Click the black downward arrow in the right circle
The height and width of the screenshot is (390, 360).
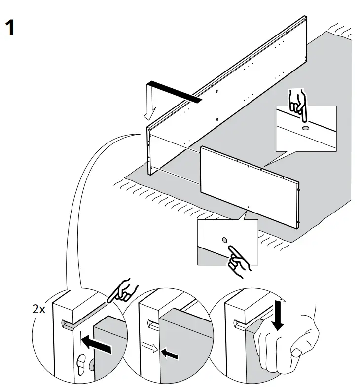[x=278, y=316]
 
